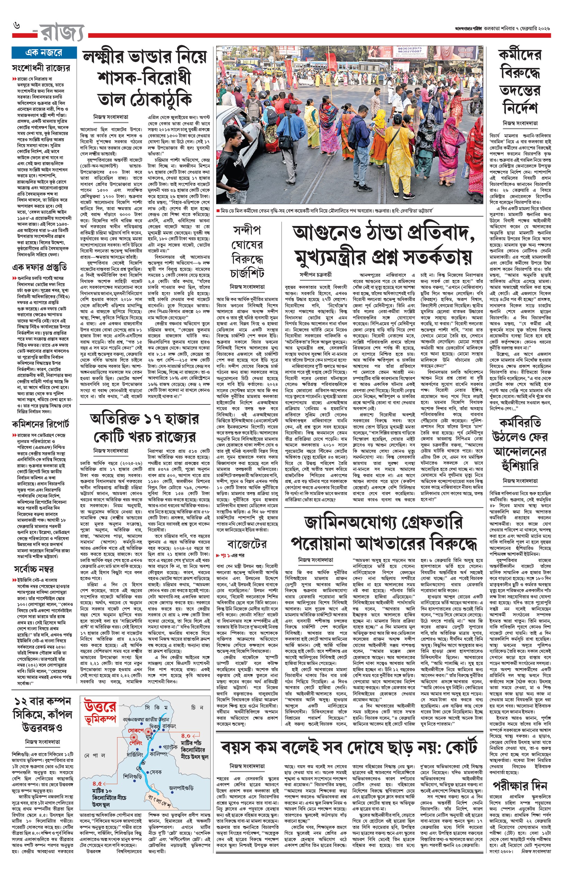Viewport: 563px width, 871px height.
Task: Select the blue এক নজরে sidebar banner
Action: (44, 53)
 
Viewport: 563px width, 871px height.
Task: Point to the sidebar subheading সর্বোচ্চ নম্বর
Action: (34, 569)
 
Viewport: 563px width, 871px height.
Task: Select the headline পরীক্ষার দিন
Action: (519, 785)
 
